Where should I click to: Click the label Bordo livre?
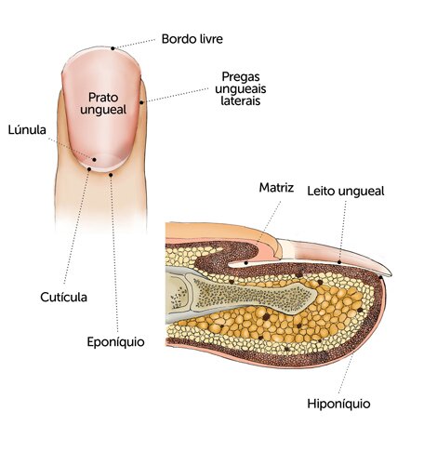192,39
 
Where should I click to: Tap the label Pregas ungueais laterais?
241,88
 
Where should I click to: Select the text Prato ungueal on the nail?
103,103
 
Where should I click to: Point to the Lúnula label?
27,129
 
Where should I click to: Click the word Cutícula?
63,298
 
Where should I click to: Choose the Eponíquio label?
115,342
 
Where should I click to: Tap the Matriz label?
276,187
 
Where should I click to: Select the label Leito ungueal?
346,191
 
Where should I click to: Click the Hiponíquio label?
338,404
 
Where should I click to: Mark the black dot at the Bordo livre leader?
113,48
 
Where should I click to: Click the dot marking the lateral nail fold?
141,102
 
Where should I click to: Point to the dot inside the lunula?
95,160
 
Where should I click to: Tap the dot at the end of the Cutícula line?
89,169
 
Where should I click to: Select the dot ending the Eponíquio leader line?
111,175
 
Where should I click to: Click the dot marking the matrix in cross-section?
245,263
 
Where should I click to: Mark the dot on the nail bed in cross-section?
339,262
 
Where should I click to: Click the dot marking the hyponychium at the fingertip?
380,277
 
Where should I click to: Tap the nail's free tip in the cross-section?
389,274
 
